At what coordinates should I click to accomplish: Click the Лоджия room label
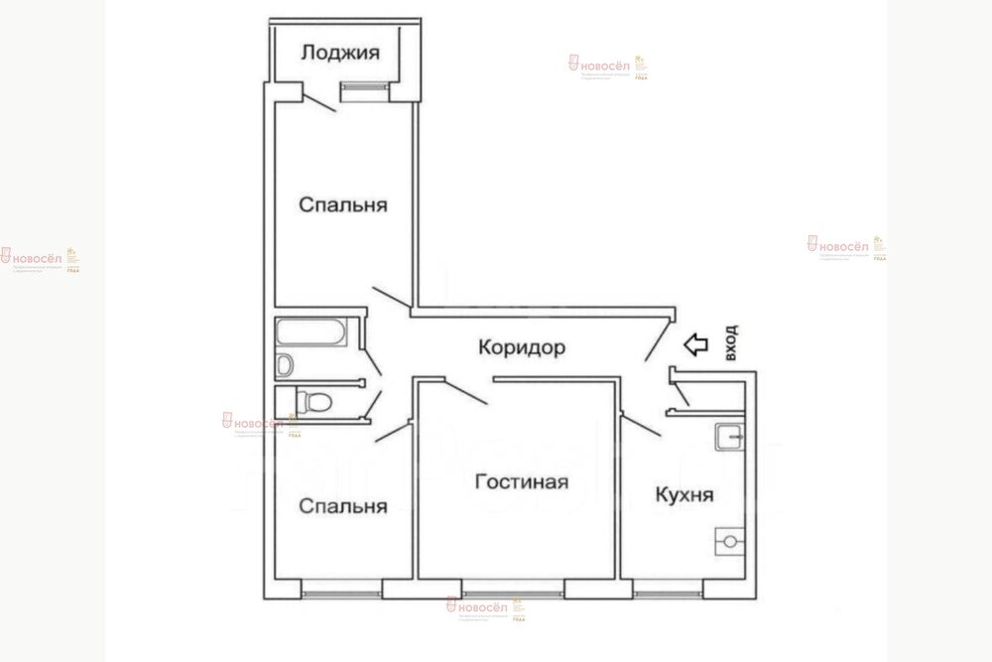tap(340, 52)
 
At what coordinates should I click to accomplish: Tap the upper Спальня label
tap(342, 205)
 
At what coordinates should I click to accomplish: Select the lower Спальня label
tap(342, 505)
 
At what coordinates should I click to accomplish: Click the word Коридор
tap(522, 347)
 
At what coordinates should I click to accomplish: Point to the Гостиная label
tap(521, 482)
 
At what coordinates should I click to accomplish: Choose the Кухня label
tap(683, 493)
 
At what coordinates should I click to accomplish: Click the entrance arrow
tap(696, 344)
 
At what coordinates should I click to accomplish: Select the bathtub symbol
tap(311, 334)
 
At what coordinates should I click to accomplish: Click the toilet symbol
tap(313, 401)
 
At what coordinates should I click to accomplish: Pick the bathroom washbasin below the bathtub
tap(285, 365)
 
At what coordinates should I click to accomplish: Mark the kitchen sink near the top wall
tap(730, 435)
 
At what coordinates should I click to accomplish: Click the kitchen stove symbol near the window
tap(729, 542)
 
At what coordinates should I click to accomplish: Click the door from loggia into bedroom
tap(319, 101)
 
